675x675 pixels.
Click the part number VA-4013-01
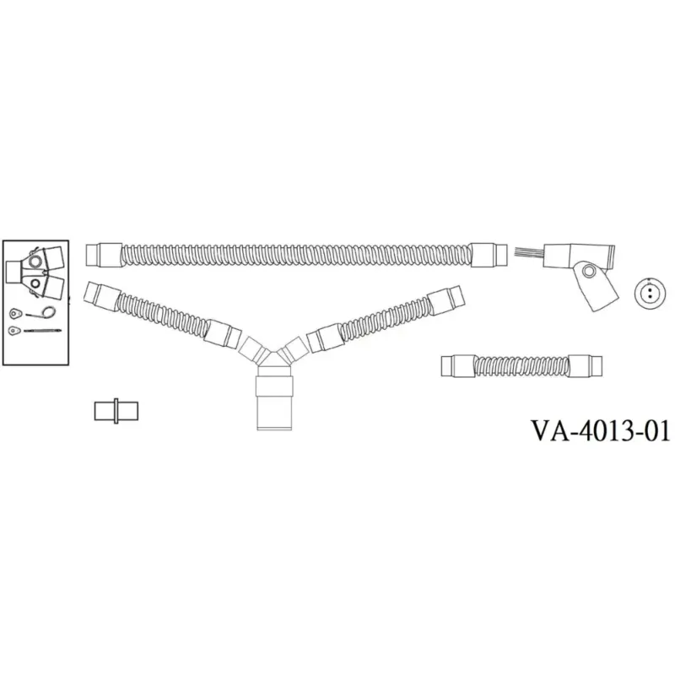(x=601, y=431)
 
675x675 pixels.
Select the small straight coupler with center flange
(x=116, y=411)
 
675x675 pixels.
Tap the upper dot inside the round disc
(x=650, y=289)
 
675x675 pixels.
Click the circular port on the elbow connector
(x=588, y=271)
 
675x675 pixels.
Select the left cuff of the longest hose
(x=104, y=255)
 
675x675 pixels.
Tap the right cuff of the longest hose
(x=489, y=255)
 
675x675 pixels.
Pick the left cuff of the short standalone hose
(x=458, y=366)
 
